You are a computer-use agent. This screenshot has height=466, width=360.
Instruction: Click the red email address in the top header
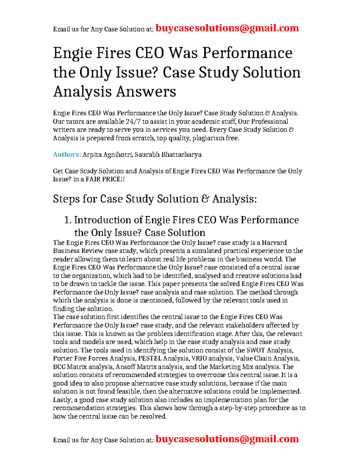pos(227,28)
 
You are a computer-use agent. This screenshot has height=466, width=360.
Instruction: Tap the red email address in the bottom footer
pos(227,439)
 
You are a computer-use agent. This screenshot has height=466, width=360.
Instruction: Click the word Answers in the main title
pos(146,92)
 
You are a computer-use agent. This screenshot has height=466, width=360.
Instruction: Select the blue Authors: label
pos(67,155)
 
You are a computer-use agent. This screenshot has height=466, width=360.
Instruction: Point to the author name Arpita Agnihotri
pos(107,155)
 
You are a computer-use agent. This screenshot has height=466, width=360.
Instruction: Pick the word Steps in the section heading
pos(66,199)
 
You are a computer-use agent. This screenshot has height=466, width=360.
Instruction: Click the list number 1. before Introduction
pos(68,220)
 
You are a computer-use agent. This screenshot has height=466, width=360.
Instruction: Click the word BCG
pos(59,367)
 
